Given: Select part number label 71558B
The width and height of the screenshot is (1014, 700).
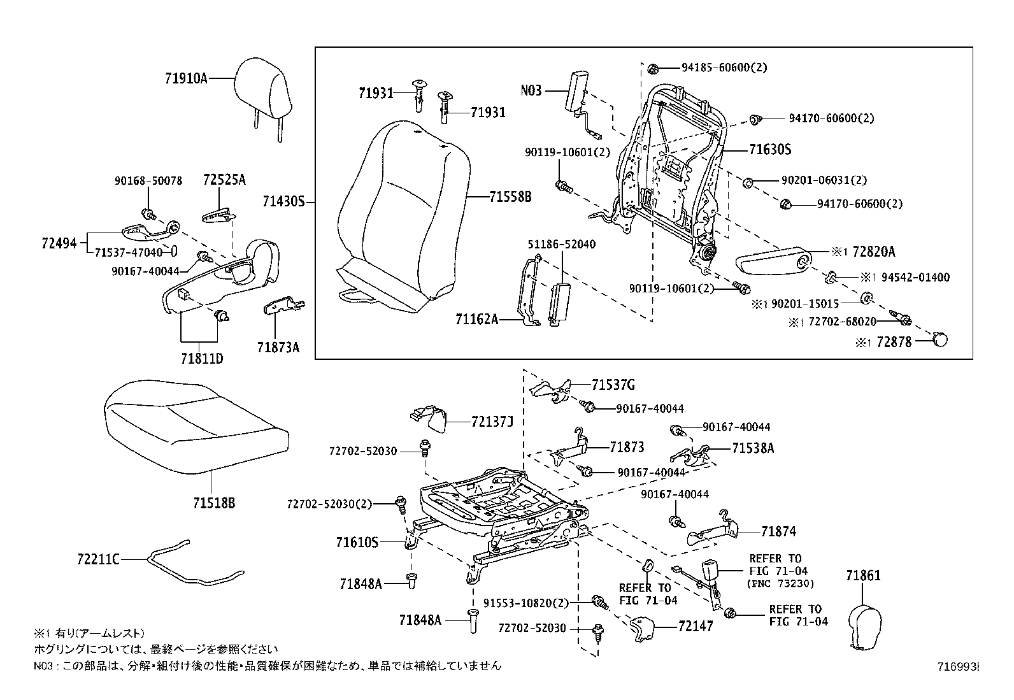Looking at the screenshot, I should [510, 197].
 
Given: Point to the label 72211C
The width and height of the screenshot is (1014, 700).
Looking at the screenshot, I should [98, 559].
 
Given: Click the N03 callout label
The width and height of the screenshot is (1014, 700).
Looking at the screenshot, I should [531, 90].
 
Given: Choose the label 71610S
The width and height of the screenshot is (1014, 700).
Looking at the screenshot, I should [357, 543].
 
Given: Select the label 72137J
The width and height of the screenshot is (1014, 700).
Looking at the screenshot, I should [492, 422].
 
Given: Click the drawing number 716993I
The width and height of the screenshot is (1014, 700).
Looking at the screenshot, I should [957, 667].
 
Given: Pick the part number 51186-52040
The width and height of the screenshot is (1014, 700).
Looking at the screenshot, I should [561, 244].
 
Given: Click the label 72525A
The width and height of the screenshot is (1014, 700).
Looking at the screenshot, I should [224, 180].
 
